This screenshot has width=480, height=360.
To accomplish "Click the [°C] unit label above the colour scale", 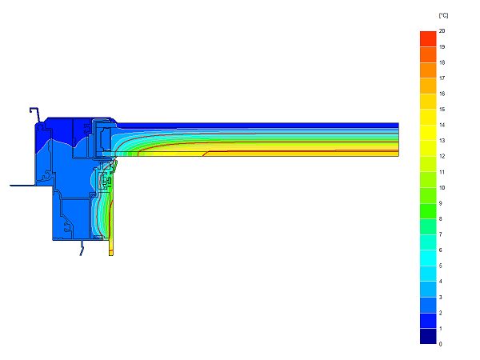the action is click(443, 15).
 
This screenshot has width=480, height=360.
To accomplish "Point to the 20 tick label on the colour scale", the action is click(442, 31).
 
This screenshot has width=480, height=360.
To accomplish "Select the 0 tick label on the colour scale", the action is click(440, 344).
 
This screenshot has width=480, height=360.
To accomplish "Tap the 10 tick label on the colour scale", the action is click(442, 188).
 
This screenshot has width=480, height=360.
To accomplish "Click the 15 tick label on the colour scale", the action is click(442, 110).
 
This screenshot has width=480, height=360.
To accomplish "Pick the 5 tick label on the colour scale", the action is click(440, 266).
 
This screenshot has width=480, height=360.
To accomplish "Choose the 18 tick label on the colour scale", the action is click(442, 62).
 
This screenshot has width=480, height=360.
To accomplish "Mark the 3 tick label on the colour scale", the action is click(440, 298).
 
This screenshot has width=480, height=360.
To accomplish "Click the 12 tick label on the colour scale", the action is click(442, 156).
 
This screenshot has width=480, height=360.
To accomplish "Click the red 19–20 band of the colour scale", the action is click(428, 39).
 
